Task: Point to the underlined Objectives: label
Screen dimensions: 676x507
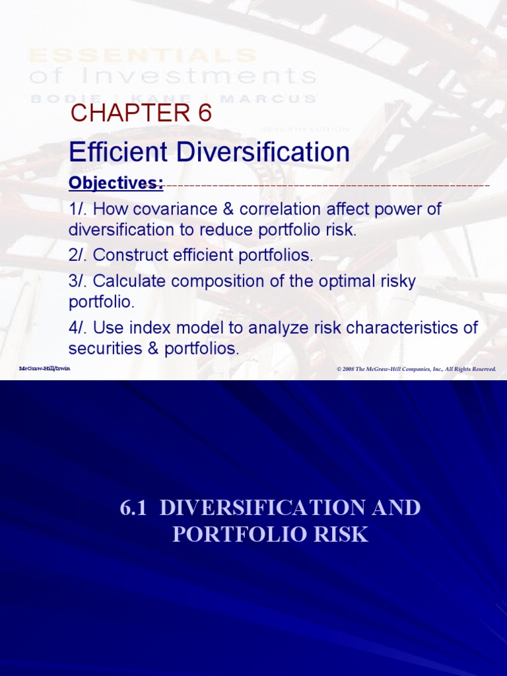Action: pos(116,184)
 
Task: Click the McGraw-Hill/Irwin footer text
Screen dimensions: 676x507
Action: pos(44,368)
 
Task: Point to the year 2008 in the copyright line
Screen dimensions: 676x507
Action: pos(349,369)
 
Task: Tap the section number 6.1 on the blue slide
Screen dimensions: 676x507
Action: pos(133,508)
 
